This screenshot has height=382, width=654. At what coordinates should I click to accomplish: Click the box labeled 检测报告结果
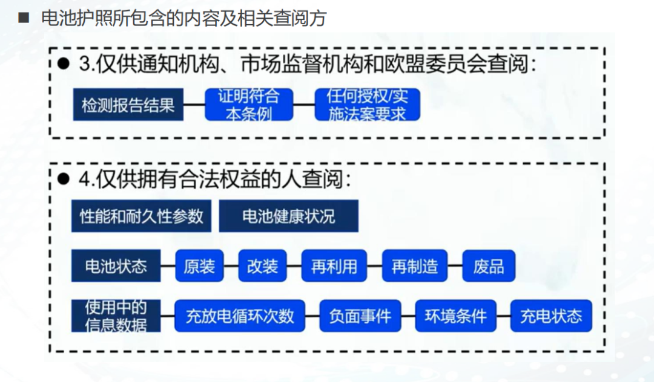click(x=128, y=105)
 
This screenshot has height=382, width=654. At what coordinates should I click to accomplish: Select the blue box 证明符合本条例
click(x=249, y=105)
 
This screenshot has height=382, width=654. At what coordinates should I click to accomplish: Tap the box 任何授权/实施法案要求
click(x=367, y=105)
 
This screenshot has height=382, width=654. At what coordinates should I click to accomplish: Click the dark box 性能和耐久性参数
click(x=141, y=216)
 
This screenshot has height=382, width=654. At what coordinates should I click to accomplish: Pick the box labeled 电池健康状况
click(x=288, y=216)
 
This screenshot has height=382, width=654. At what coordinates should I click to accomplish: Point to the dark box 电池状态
click(x=116, y=266)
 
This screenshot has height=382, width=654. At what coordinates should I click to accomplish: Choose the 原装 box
click(x=199, y=266)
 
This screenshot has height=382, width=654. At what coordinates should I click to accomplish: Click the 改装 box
click(x=262, y=266)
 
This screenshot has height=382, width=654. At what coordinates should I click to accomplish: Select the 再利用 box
click(x=334, y=266)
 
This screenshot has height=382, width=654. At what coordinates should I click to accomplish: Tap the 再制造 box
click(x=415, y=266)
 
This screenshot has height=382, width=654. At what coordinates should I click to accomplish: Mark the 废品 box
click(x=489, y=266)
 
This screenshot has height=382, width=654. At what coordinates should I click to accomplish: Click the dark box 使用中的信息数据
click(x=116, y=316)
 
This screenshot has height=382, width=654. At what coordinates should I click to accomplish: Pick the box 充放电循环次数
click(x=240, y=316)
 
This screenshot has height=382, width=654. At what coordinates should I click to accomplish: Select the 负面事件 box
click(x=360, y=316)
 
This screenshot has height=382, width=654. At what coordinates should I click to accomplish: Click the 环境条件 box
click(x=455, y=316)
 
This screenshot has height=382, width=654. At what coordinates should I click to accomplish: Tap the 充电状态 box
click(x=551, y=316)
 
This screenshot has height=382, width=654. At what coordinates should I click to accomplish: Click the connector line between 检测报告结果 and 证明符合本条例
click(x=194, y=105)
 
